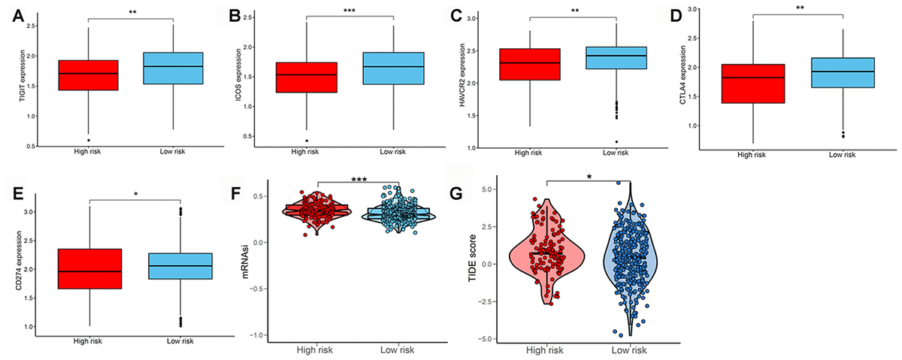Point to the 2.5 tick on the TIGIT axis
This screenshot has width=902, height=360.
point(46,27)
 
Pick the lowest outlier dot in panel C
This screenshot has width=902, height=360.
point(616,142)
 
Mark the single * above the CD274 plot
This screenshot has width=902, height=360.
point(135,194)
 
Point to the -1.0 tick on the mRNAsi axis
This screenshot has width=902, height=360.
point(271,335)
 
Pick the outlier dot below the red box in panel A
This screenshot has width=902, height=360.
point(89,141)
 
